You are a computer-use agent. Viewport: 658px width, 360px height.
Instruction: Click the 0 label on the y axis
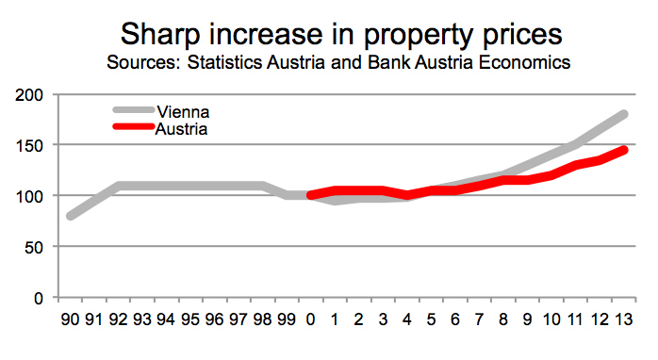pyautogui.click(x=40, y=298)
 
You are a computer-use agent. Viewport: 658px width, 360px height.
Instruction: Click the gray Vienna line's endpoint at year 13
pyautogui.click(x=623, y=114)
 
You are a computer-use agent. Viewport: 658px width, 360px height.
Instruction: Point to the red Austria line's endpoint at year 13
pyautogui.click(x=623, y=150)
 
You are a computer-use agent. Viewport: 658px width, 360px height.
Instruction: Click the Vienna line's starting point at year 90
pyautogui.click(x=72, y=216)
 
